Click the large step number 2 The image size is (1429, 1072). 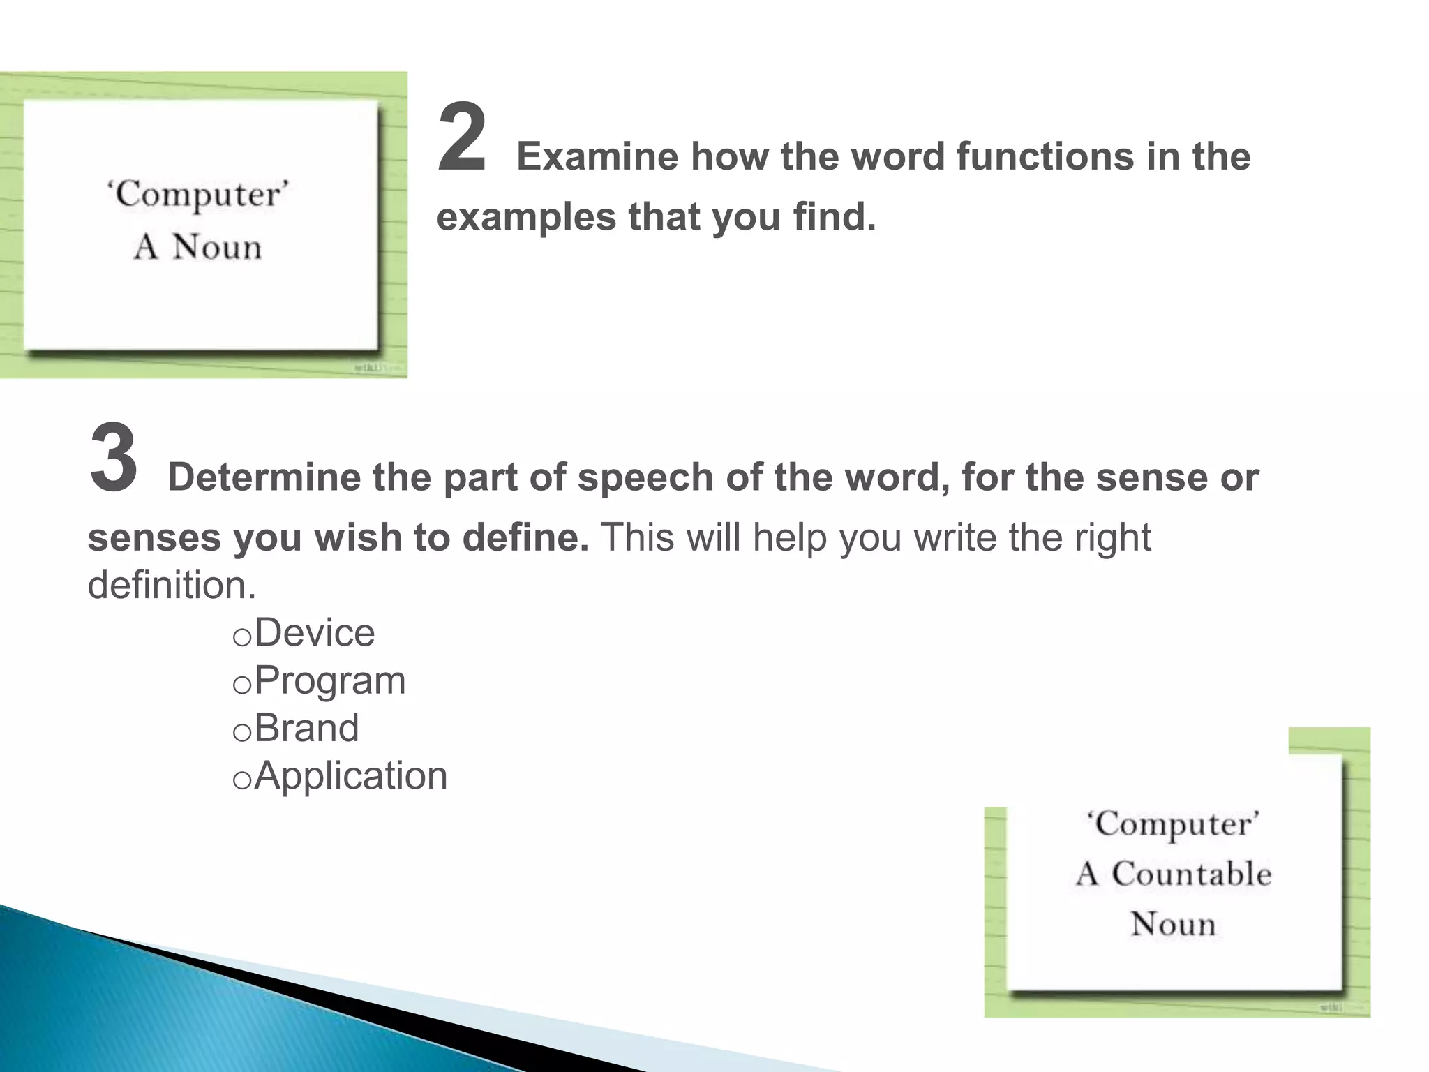tap(461, 138)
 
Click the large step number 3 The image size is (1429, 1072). tap(113, 459)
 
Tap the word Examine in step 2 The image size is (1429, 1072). tap(597, 156)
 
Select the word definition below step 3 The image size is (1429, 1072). tap(171, 585)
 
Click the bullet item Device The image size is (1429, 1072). tap(315, 634)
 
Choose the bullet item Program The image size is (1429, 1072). tap(330, 681)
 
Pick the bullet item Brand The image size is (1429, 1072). tap(307, 729)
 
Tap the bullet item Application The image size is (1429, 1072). tap(351, 776)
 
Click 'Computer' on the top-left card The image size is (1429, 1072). tap(197, 195)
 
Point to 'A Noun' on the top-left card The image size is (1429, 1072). tap(197, 247)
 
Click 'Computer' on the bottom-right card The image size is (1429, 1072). tap(1174, 825)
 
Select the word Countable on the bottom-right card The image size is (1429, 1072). tap(1191, 874)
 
